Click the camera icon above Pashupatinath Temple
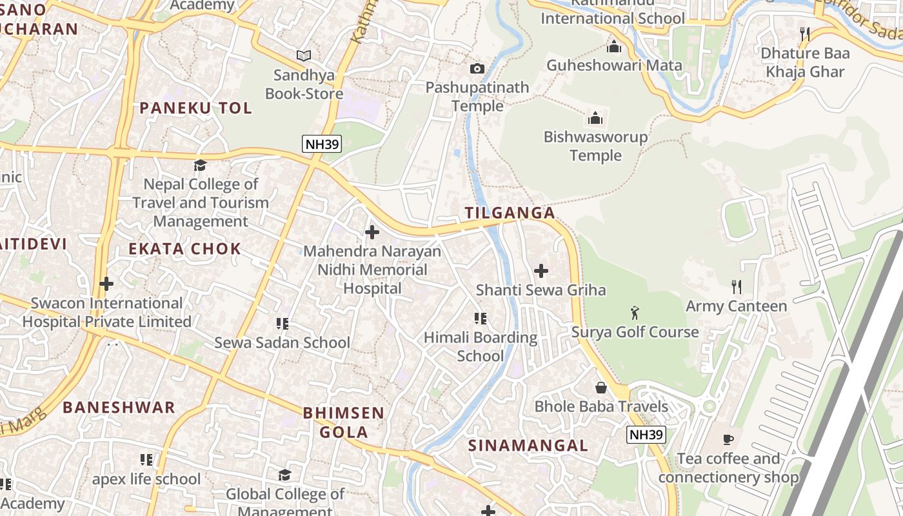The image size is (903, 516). pos(477,68)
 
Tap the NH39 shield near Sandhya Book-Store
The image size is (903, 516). pos(322,144)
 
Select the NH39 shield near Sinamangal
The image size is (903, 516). pos(646,435)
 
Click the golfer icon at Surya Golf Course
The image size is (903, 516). pos(635,313)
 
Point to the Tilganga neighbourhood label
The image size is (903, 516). pos(510,213)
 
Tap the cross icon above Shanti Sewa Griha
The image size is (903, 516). pos(541,271)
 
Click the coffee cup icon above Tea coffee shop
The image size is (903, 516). pos(728,440)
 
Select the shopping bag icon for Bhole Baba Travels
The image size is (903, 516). pos(601,388)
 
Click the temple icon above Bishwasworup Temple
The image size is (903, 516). pos(595,118)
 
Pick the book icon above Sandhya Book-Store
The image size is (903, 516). pos(304,56)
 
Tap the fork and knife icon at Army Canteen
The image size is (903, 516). pos(736,286)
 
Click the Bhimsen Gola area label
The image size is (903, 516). pos(343,422)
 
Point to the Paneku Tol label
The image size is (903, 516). pos(195,108)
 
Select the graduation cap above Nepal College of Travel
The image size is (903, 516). pos(200,165)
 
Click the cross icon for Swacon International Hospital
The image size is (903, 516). pos(106,284)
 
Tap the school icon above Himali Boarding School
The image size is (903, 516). pos(480,318)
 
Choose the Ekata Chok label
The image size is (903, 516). pos(184,249)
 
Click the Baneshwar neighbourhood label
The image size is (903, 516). pos(119,408)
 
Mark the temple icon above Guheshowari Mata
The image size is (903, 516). pos(613,46)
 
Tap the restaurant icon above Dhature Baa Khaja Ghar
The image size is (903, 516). pos(804,34)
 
